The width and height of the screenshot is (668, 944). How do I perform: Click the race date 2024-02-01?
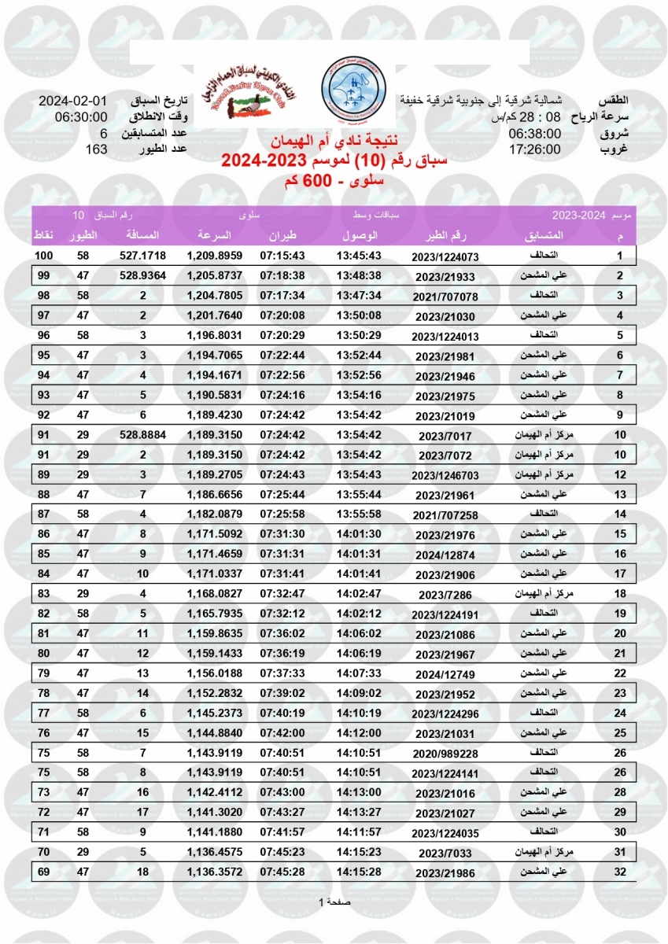tap(73, 102)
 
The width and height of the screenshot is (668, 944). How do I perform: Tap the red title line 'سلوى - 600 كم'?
tap(334, 182)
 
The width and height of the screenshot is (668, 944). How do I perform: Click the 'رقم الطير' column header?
tap(445, 236)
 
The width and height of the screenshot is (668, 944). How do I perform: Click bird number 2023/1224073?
tap(445, 257)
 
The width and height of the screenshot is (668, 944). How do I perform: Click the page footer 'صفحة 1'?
tap(336, 902)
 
